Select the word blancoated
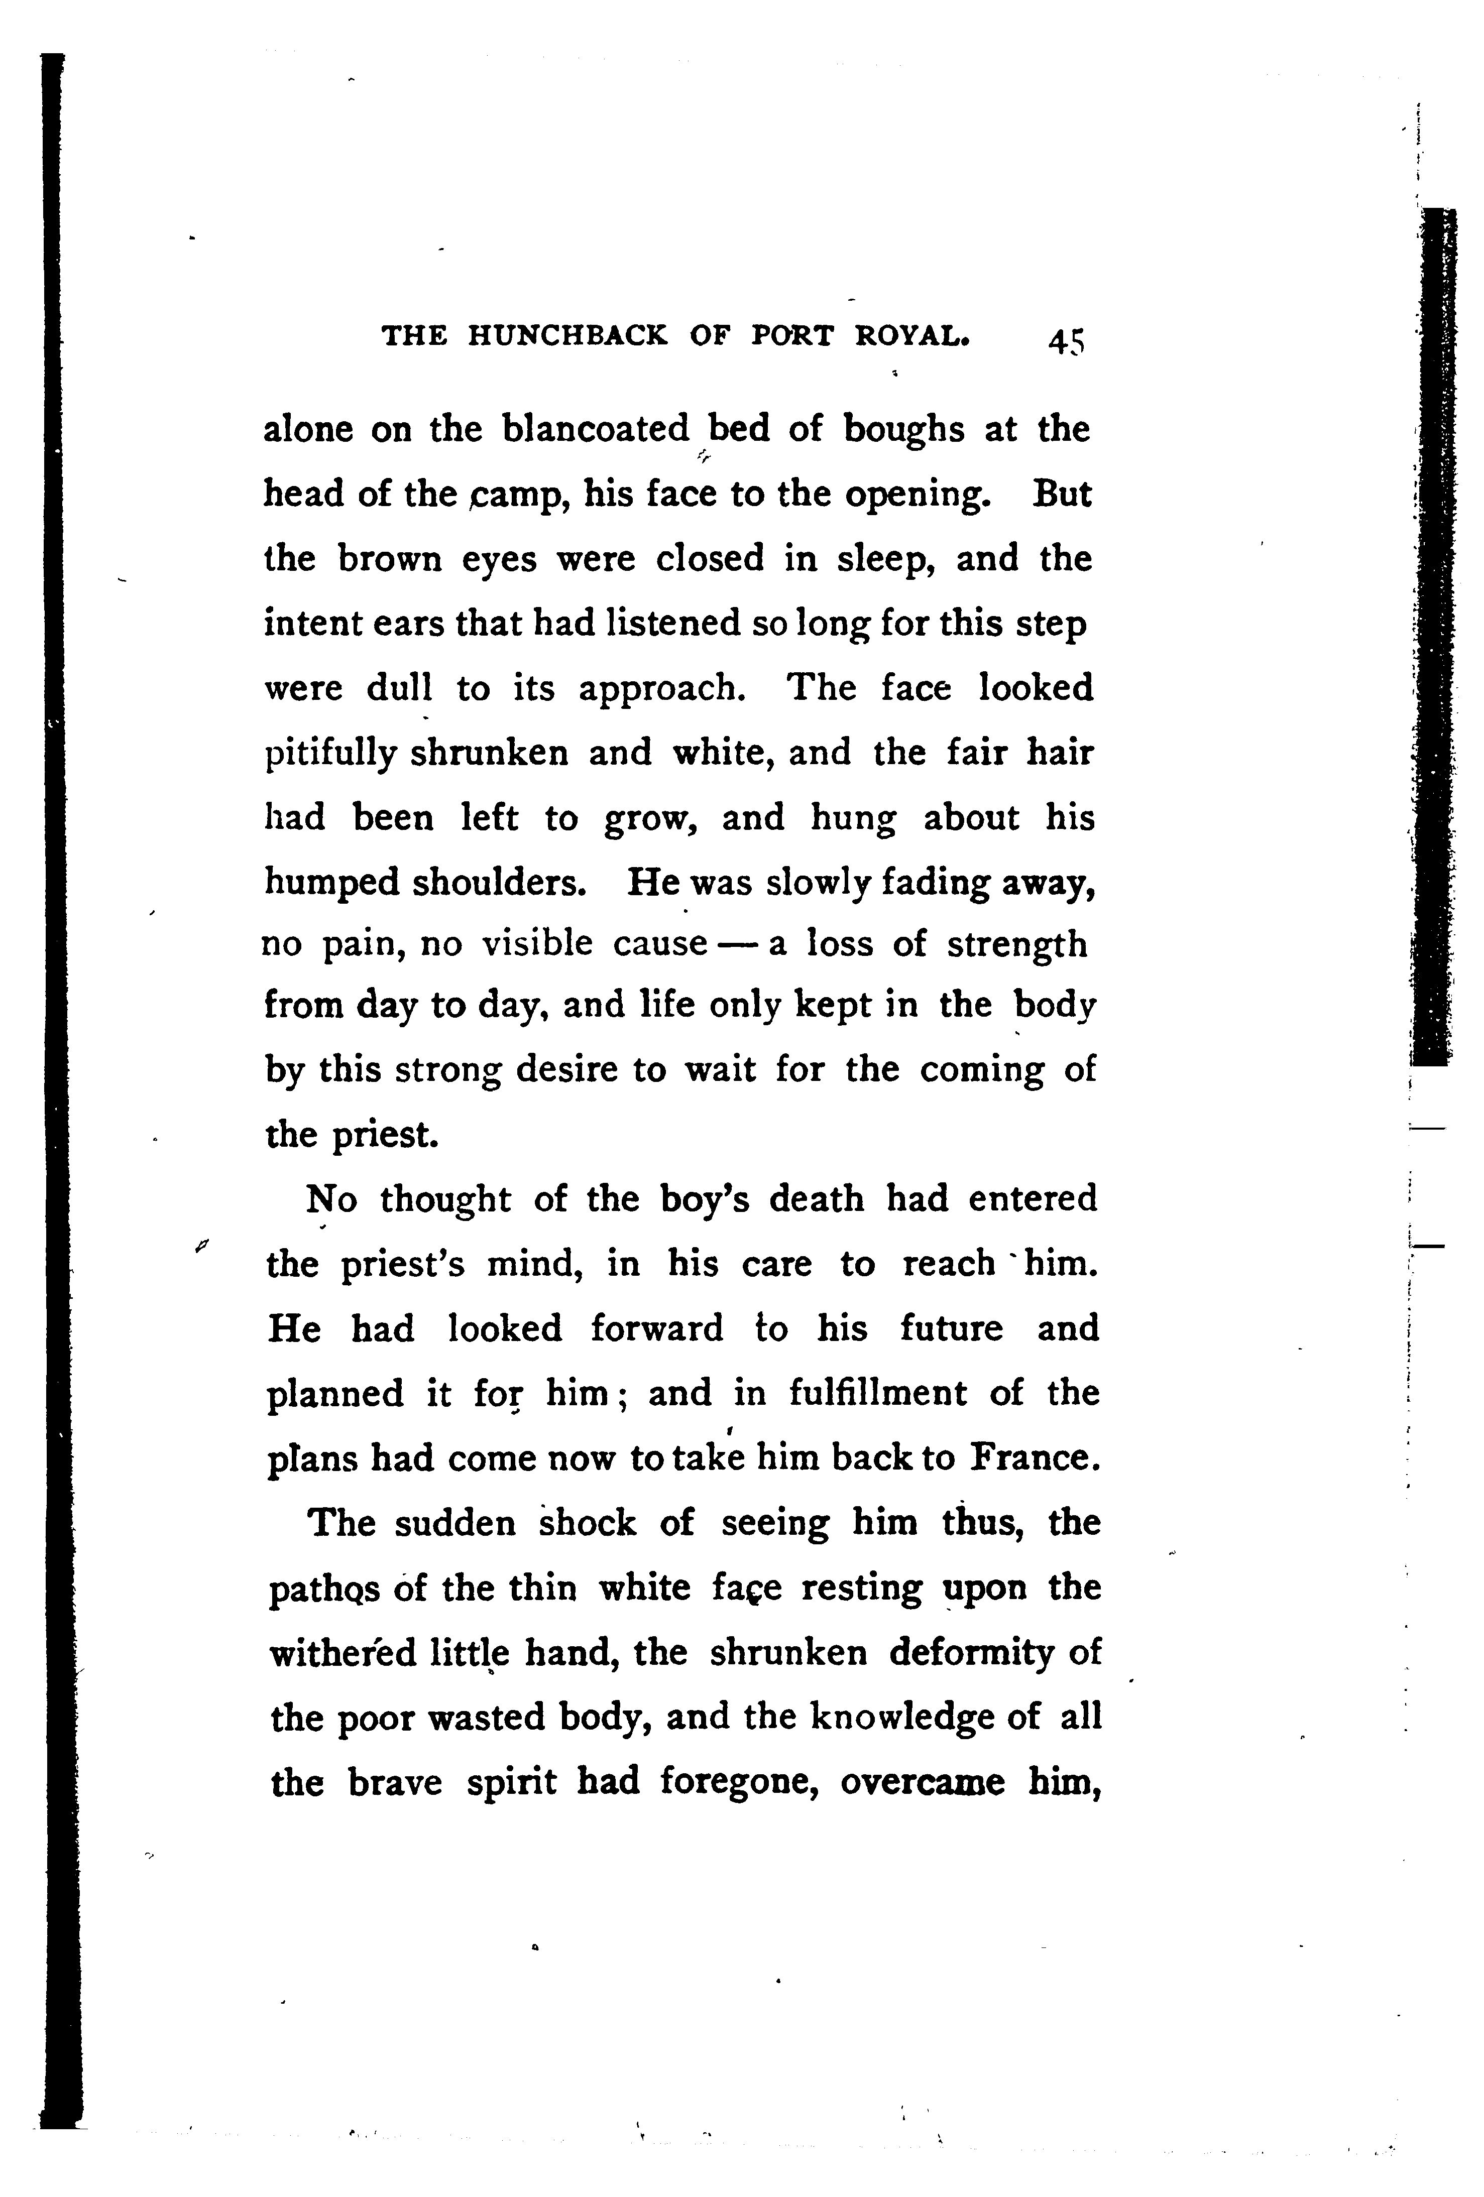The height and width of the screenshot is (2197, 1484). [x=597, y=430]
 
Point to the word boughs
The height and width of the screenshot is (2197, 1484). [x=904, y=430]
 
